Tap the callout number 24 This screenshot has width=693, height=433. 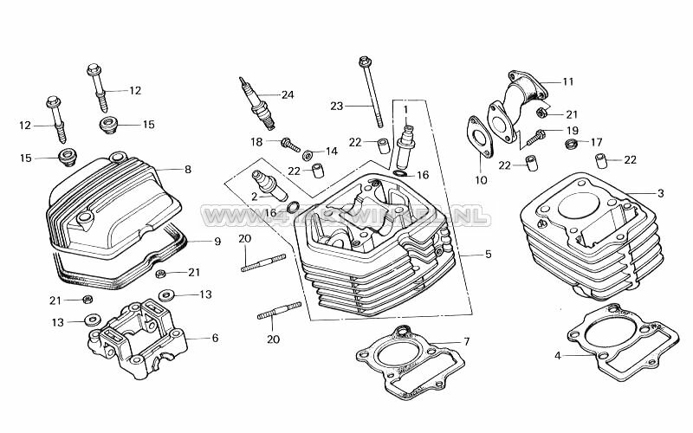coord(288,94)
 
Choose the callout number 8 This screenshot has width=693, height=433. coord(188,170)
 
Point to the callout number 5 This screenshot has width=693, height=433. coord(488,254)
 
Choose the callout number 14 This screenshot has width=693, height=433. coord(332,151)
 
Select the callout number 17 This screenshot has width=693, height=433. coord(596,142)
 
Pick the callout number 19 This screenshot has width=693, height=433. coord(572,131)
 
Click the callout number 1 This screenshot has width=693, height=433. coord(405,108)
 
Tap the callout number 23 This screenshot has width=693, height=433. coord(337,106)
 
